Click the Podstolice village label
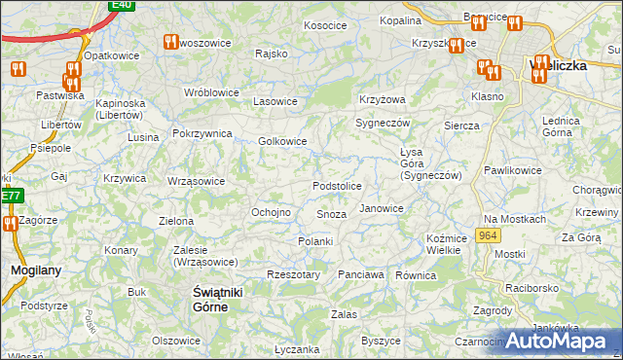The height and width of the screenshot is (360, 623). click(337, 186)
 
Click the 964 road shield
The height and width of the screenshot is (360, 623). click(488, 237)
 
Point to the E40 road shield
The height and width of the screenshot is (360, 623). click(122, 5)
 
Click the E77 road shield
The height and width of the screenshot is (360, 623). click(10, 196)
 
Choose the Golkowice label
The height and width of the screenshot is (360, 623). click(283, 141)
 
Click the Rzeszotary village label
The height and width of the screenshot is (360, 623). click(293, 275)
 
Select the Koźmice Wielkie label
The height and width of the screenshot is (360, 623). click(443, 244)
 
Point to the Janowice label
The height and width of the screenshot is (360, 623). click(381, 208)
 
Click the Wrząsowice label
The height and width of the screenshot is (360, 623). click(197, 181)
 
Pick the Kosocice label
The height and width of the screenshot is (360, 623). click(325, 25)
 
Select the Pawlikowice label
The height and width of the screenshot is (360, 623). click(512, 170)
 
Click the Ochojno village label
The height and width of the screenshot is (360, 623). click(271, 212)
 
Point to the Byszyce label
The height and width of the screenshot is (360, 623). click(381, 341)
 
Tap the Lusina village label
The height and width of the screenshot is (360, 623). click(142, 137)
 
